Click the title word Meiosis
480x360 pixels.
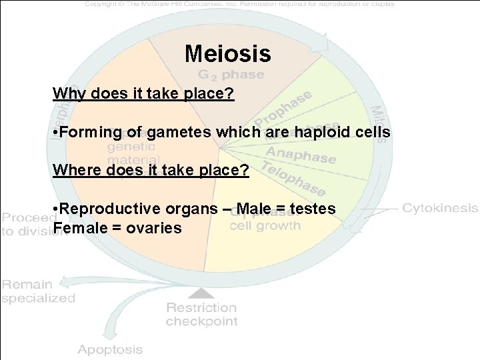pos(227,53)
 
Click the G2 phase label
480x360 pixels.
pos(231,74)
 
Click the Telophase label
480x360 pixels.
pos(294,178)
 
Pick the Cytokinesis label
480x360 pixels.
pos(440,208)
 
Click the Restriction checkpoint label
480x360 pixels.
pos(201,314)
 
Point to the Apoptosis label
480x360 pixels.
pos(110,349)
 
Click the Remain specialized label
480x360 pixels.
pos(38,291)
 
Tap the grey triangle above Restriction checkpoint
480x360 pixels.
pos(202,291)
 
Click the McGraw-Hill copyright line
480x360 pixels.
pos(240,4)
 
